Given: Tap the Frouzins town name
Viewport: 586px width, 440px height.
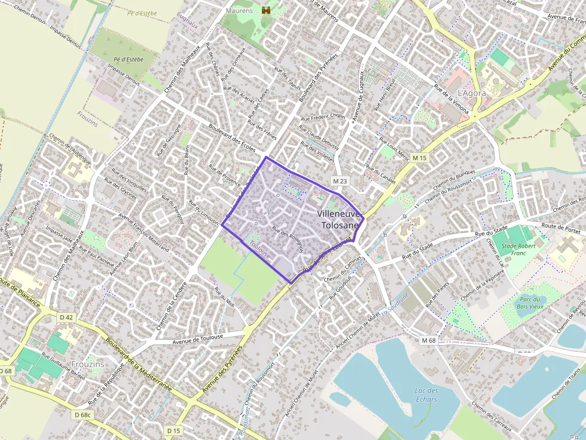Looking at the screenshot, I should (87, 364).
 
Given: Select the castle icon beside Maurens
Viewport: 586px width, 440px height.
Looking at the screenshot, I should (266, 10).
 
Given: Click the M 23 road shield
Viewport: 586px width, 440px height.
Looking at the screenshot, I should (340, 181).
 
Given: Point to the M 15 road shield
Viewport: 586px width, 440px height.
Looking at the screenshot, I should (420, 158).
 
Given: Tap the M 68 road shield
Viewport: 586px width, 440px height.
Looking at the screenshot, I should (428, 340).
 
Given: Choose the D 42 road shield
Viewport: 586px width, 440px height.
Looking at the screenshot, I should (66, 317).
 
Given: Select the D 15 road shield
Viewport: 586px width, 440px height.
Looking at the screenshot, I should (173, 430).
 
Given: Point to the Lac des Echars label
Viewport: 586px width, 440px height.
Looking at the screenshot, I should (426, 395).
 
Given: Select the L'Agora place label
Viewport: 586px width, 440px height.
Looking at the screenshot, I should (472, 94).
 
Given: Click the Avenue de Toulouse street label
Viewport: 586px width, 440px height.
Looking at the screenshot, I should (197, 338).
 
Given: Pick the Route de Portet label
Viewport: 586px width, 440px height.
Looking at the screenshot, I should (562, 227).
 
